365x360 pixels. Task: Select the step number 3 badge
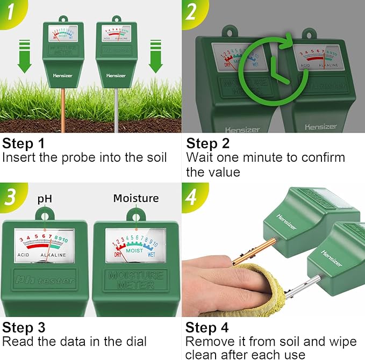(10, 196)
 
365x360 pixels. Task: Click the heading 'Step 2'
(207, 144)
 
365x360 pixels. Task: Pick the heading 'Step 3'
(24, 327)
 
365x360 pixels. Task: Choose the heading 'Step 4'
(207, 327)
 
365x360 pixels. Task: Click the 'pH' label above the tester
(45, 198)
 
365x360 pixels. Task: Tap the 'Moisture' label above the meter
(135, 198)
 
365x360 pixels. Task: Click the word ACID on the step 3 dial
(24, 255)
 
